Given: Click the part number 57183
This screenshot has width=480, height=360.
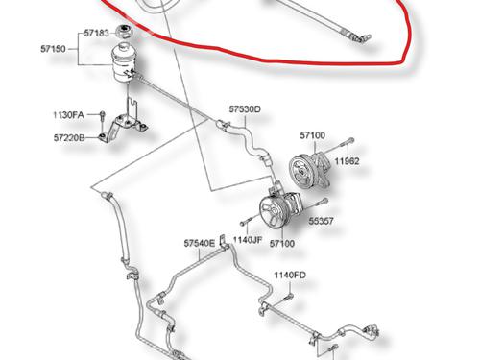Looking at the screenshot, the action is tap(96, 33).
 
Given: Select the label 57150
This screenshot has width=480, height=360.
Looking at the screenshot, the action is tap(53, 49).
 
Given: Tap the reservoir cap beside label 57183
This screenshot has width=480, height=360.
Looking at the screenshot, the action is tap(124, 32).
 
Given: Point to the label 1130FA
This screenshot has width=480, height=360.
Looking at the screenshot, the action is tap(68, 115).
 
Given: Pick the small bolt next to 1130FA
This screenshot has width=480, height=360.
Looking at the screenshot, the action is tap(102, 116).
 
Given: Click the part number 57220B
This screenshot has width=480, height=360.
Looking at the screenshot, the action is tap(69, 138).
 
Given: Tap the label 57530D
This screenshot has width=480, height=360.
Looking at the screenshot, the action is tap(245, 109).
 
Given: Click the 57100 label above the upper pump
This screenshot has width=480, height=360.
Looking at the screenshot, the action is tap(313, 135).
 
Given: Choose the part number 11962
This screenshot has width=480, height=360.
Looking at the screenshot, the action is tap(347, 161).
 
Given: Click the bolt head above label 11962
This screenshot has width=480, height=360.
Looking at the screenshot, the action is tap(350, 140).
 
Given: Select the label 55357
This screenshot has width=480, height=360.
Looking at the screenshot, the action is tap(321, 221).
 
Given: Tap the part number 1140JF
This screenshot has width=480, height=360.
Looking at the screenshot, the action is tap(248, 240).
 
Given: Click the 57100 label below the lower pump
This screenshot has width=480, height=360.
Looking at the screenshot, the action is tap(282, 244).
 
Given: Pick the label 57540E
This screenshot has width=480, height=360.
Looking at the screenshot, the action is tap(200, 243).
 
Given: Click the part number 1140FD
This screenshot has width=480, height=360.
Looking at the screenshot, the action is tap(290, 275).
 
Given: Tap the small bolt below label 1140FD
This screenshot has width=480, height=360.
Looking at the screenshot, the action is tap(288, 298).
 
